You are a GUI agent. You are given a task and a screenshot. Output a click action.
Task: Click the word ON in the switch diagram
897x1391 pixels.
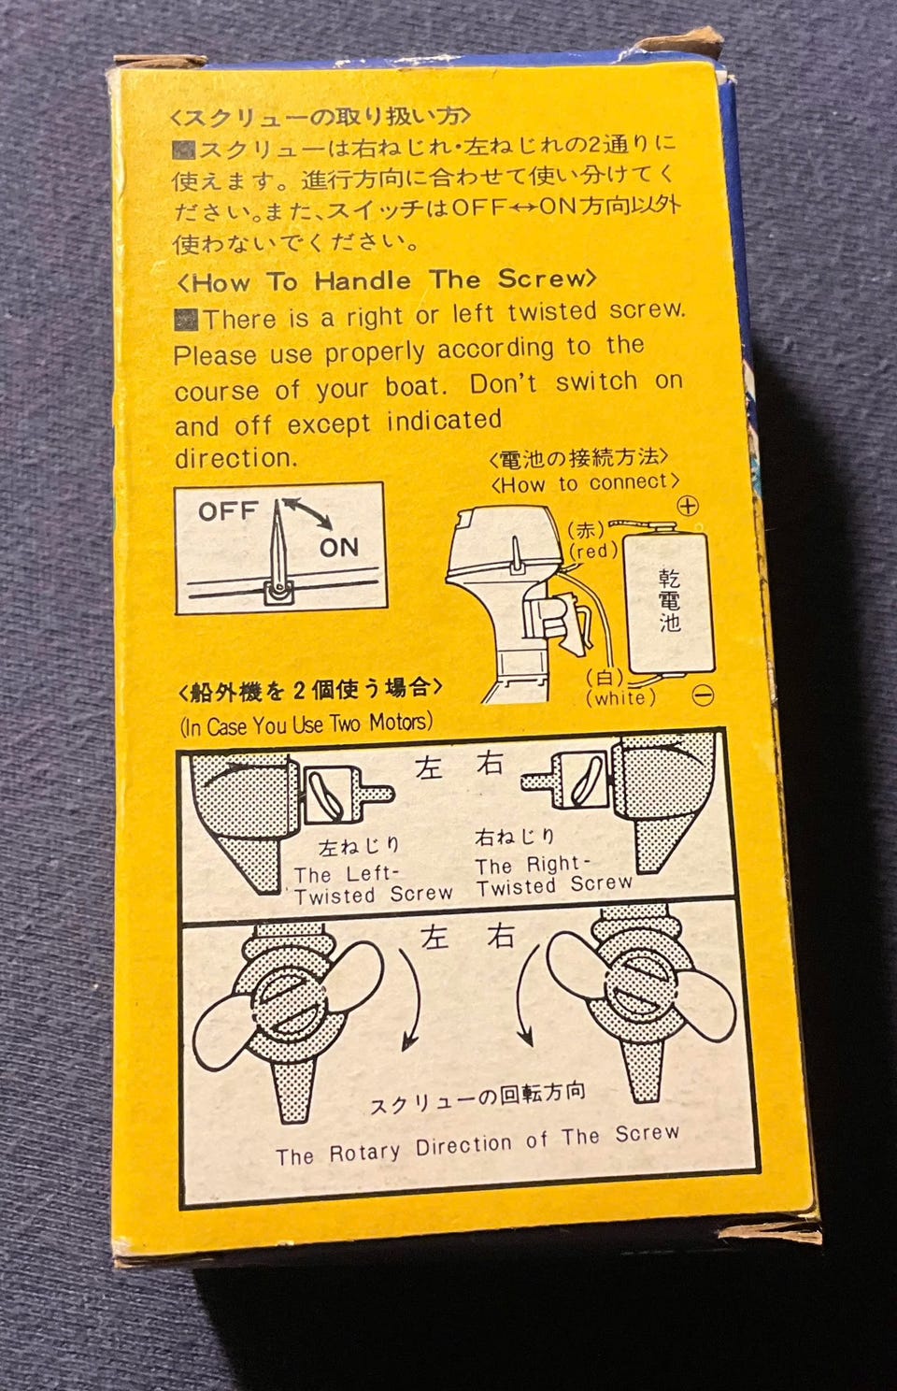[339, 548]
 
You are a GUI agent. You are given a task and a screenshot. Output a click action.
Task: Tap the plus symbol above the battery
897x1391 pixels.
[688, 506]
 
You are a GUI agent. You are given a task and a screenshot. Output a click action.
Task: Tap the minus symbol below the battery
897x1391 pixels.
[703, 695]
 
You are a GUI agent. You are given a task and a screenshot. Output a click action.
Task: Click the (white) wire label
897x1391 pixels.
[620, 698]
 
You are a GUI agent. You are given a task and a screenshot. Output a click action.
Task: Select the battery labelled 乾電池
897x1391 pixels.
[669, 600]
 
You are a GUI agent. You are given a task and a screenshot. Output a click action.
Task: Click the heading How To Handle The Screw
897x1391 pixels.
[387, 280]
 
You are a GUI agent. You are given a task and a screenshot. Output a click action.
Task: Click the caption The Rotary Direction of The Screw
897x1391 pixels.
[477, 1145]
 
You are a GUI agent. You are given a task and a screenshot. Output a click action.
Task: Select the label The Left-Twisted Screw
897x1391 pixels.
[373, 884]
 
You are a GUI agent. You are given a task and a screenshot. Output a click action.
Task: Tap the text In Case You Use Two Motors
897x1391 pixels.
[306, 724]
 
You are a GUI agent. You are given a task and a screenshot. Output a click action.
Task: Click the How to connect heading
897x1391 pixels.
[585, 483]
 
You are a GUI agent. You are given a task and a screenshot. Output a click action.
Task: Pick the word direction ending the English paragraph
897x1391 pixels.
[235, 458]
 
